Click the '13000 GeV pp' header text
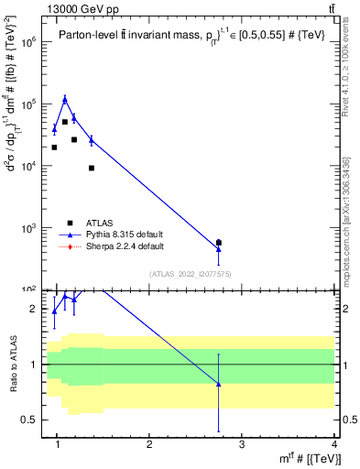45,8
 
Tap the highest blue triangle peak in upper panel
64,99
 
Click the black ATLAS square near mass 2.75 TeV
218,243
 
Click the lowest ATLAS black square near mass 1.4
92,168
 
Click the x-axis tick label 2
149,446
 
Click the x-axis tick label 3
241,446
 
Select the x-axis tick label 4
334,446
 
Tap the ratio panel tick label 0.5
27,420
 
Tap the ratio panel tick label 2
32,310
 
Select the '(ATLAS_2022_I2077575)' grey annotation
191,274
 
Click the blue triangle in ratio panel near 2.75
218,384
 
